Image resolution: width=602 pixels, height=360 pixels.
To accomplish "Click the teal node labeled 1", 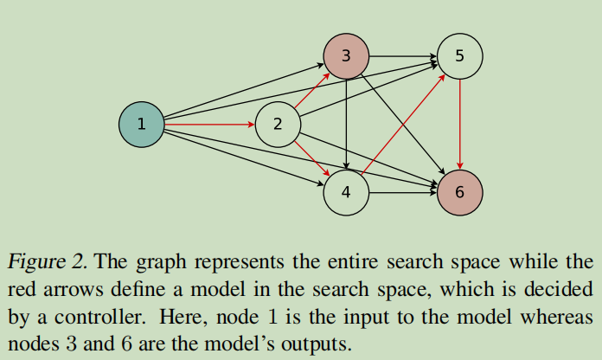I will pyautogui.click(x=141, y=124).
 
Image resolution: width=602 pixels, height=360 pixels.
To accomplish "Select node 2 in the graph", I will pyautogui.click(x=277, y=124).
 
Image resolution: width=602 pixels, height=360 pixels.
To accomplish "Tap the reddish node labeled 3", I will pyautogui.click(x=346, y=56).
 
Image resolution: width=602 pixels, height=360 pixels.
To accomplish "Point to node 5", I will pyautogui.click(x=459, y=56).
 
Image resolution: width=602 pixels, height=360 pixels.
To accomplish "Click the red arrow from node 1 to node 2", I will pyautogui.click(x=208, y=124).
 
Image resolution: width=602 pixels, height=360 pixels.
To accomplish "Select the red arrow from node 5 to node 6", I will pyautogui.click(x=459, y=124).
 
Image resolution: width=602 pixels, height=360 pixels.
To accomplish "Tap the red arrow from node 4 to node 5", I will pyautogui.click(x=403, y=124).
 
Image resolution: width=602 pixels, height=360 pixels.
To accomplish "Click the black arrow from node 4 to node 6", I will pyautogui.click(x=402, y=192).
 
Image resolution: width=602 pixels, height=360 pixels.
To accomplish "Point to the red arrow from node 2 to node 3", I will pyautogui.click(x=311, y=90).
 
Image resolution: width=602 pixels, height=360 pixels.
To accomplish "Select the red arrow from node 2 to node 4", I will pyautogui.click(x=311, y=157).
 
